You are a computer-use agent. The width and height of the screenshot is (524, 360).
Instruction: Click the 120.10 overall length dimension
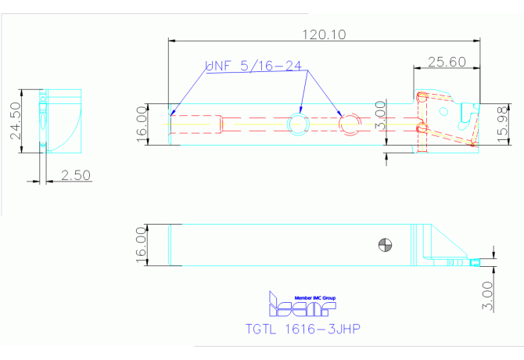pos(324,34)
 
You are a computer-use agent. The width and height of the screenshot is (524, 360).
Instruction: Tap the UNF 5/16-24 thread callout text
pos(253,67)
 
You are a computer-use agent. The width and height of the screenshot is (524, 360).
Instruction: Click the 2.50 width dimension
pos(77,177)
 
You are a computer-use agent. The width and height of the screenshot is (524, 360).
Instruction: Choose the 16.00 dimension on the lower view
pos(142,245)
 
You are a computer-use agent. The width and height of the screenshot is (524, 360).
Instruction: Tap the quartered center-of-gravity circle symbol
pos(382,243)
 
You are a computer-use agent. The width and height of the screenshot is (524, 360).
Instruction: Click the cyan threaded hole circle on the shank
pos(298,122)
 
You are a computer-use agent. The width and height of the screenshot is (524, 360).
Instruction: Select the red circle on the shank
pos(349,123)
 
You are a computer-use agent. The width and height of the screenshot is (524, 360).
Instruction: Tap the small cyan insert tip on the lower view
pos(474,261)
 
